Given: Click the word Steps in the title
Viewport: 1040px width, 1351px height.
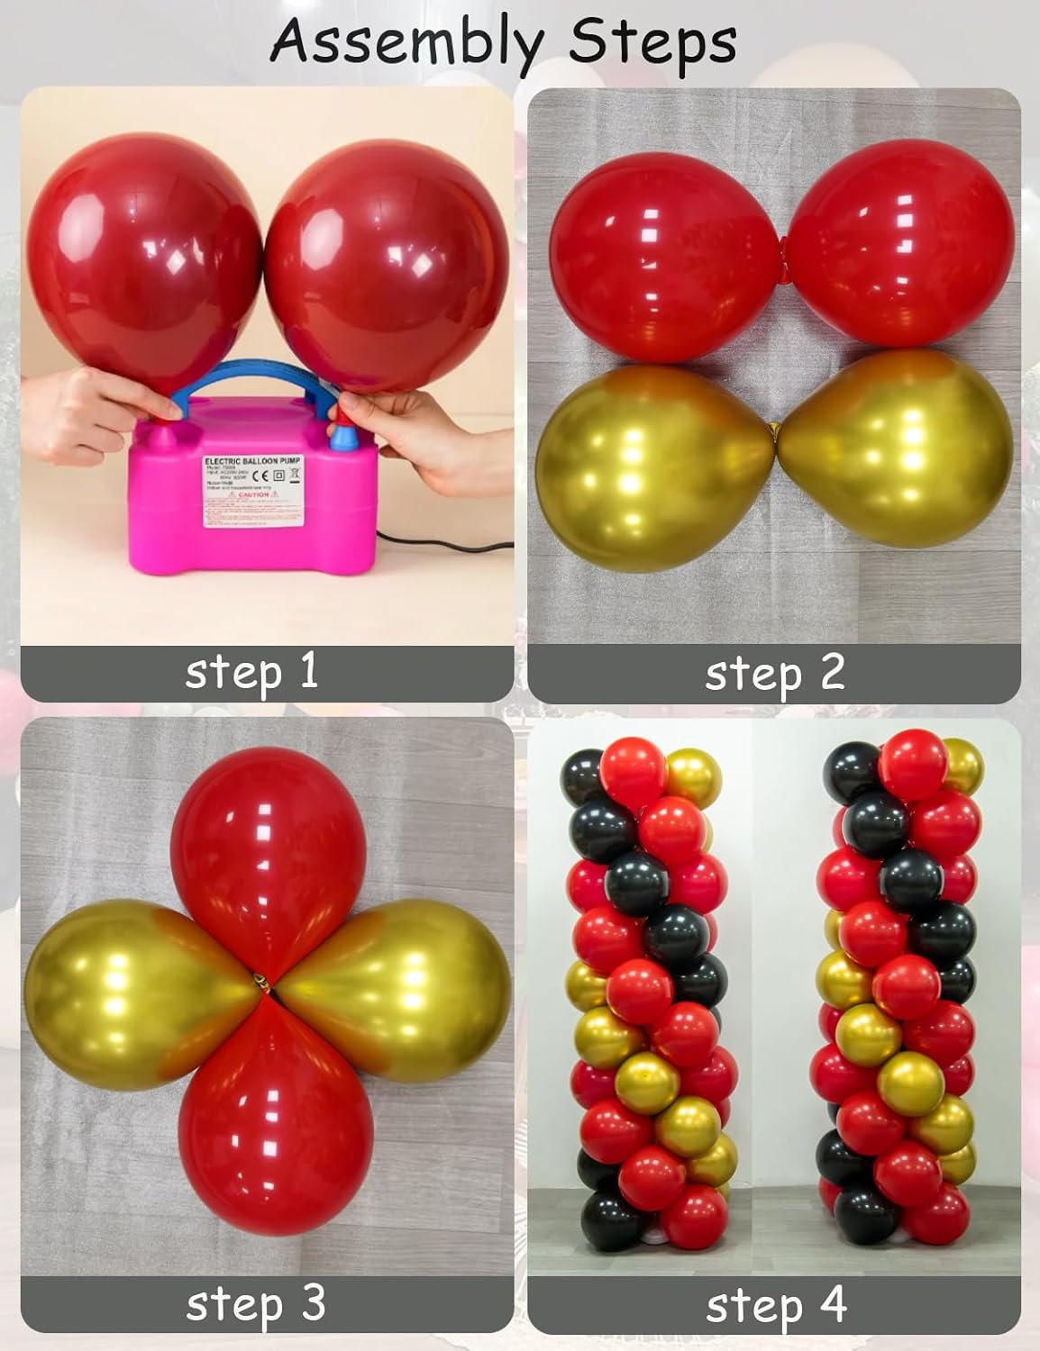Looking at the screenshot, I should coord(648,41).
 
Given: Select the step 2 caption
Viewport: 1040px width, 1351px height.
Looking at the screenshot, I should coord(775,673).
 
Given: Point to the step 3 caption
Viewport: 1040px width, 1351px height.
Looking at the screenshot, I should coord(255,1303).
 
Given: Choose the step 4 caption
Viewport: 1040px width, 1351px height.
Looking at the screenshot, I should coord(776,1305).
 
